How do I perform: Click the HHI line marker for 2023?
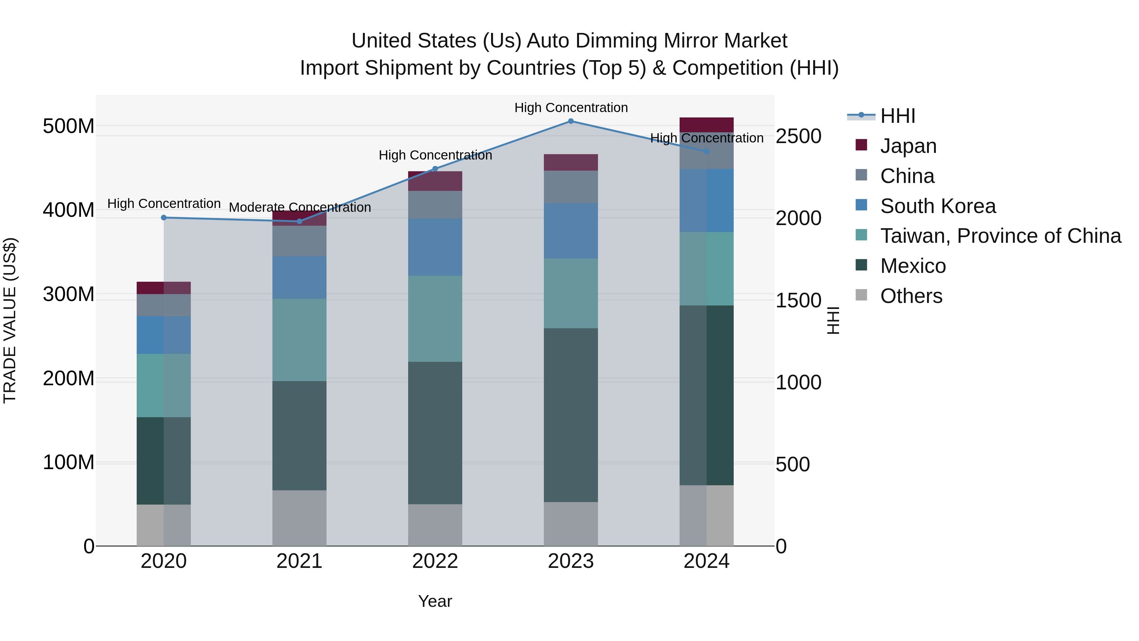[570, 121]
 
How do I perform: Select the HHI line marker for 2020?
[164, 218]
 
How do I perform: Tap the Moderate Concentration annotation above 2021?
[300, 207]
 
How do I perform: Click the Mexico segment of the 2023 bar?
[570, 415]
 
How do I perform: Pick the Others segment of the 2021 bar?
[299, 518]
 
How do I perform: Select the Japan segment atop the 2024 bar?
[706, 124]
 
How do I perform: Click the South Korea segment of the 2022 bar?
[435, 247]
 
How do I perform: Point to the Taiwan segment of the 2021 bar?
[299, 340]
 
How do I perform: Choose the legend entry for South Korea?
[937, 206]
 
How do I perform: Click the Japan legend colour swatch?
[861, 145]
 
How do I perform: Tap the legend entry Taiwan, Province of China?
[1000, 236]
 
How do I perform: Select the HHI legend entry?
[897, 116]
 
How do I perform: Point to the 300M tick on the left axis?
[69, 294]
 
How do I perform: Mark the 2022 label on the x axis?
[435, 561]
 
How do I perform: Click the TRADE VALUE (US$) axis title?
[10, 320]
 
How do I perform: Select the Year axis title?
[435, 601]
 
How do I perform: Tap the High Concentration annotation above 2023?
[571, 108]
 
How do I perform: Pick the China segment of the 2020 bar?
[164, 305]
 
